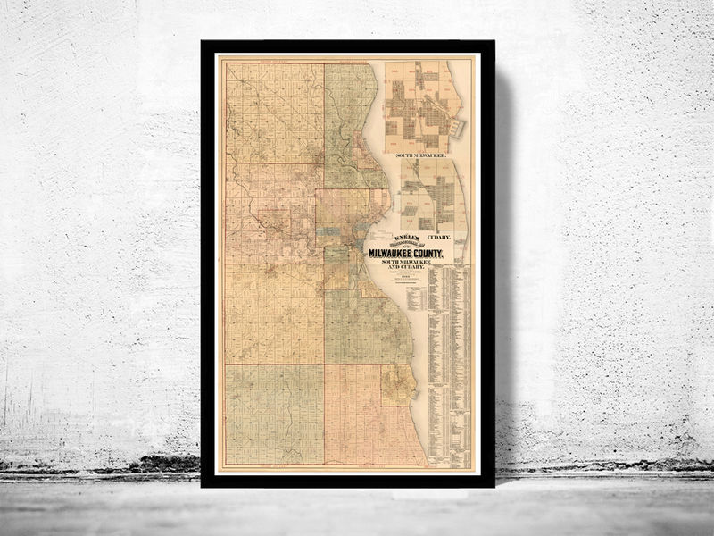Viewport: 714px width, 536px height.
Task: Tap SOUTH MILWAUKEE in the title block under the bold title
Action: pos(406,262)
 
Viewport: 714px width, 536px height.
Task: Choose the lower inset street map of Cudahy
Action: pos(431,197)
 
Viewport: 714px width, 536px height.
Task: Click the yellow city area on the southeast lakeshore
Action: pos(398,385)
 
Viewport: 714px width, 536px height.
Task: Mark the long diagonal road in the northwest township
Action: pos(268,107)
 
